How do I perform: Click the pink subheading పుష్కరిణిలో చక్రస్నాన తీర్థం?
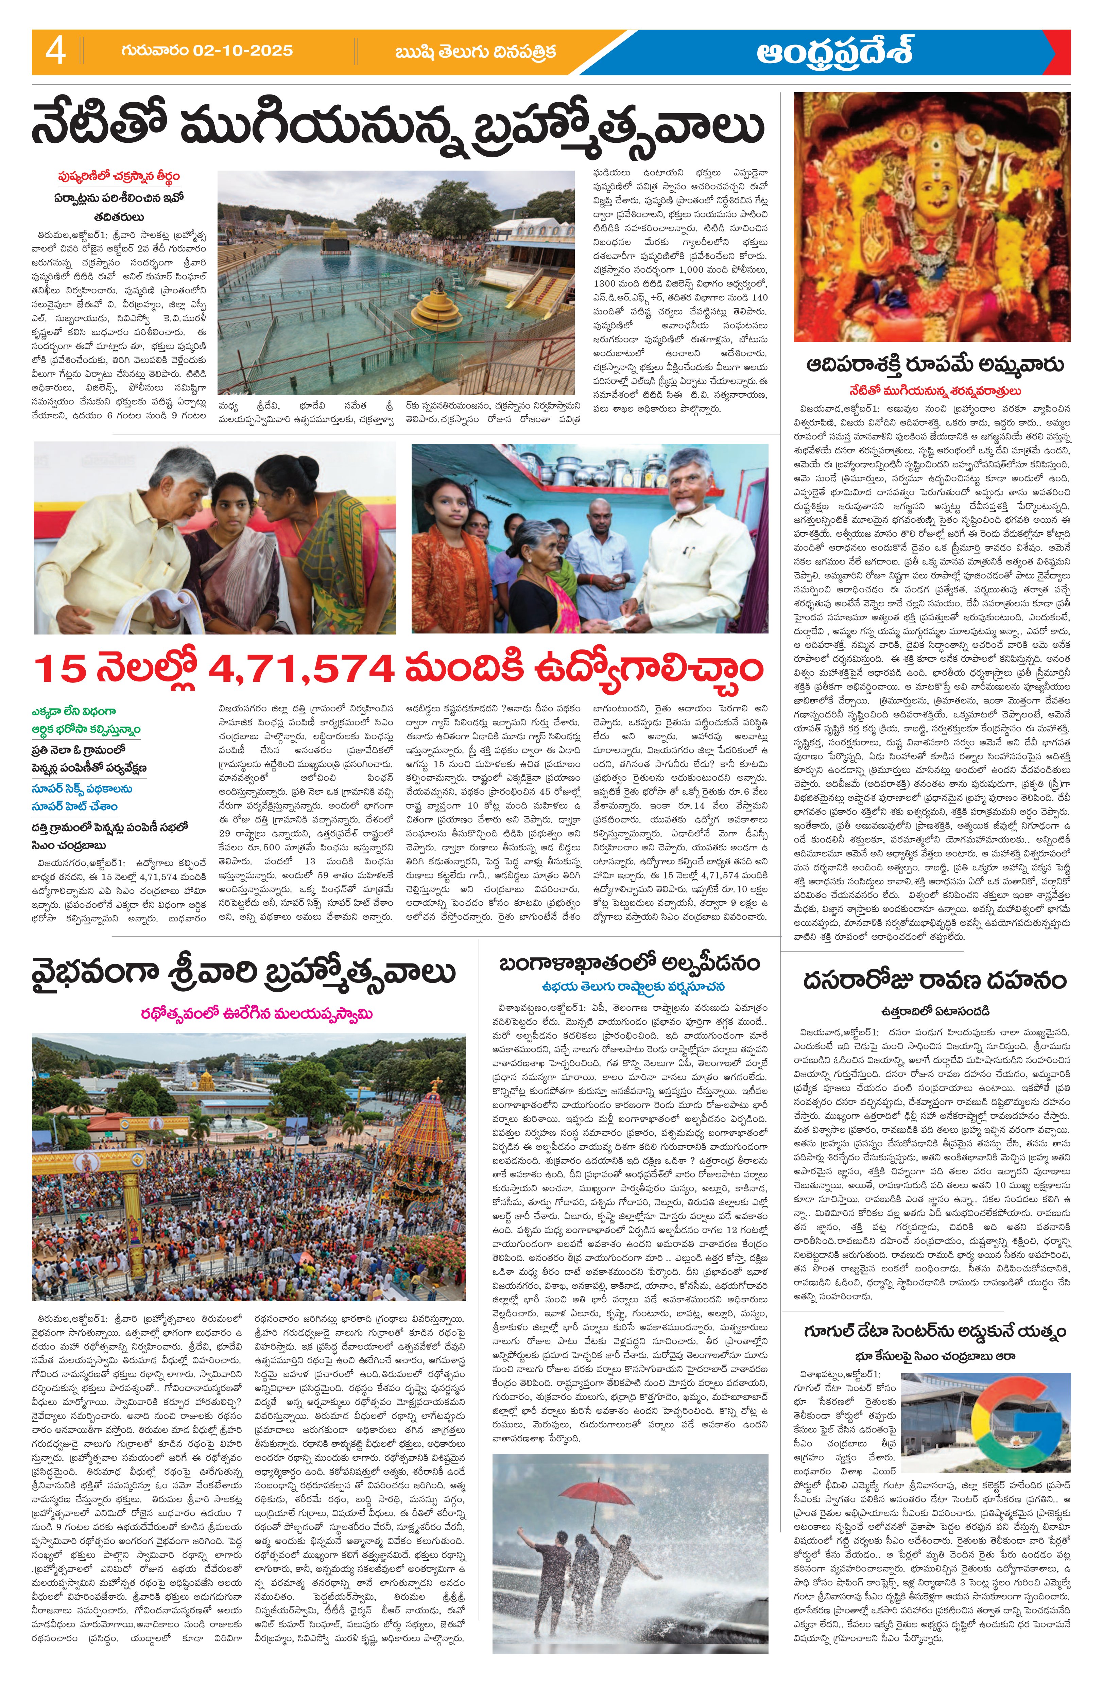(x=119, y=176)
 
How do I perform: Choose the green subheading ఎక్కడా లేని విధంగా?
(x=74, y=711)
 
